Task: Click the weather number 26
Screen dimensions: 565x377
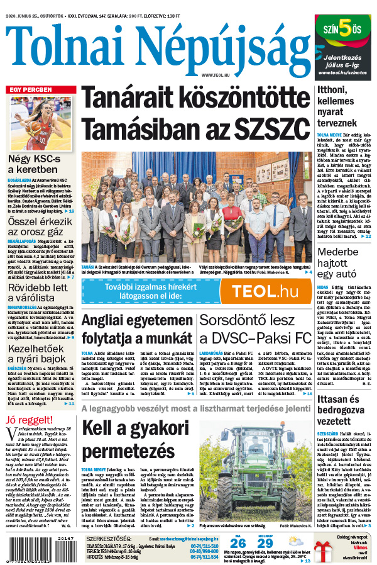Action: point(238,543)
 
